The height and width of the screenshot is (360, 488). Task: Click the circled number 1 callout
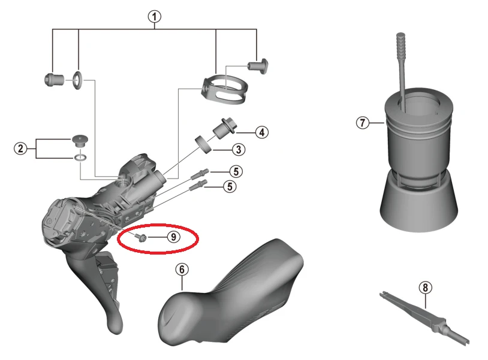155,17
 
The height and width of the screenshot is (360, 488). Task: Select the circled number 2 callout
20,149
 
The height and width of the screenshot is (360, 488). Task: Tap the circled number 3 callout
239,150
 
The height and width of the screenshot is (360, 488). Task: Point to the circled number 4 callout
262,132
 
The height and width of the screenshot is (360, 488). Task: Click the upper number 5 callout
236,171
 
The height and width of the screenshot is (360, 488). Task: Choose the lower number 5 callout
230,186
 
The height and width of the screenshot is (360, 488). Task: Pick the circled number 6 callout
182,269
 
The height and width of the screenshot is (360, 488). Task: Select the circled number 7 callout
363,122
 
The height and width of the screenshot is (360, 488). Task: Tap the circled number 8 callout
426,288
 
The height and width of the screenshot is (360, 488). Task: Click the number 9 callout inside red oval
173,237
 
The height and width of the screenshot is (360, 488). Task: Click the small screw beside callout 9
141,238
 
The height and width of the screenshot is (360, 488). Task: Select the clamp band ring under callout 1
225,89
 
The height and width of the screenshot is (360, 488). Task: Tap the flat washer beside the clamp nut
77,80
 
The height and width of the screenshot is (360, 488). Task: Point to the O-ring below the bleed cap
80,158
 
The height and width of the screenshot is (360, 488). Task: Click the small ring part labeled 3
204,144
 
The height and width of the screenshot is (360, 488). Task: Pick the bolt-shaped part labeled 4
225,128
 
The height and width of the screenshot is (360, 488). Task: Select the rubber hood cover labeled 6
230,293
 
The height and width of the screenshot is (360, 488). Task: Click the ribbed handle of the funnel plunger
402,46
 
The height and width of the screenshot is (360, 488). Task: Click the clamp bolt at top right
258,66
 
